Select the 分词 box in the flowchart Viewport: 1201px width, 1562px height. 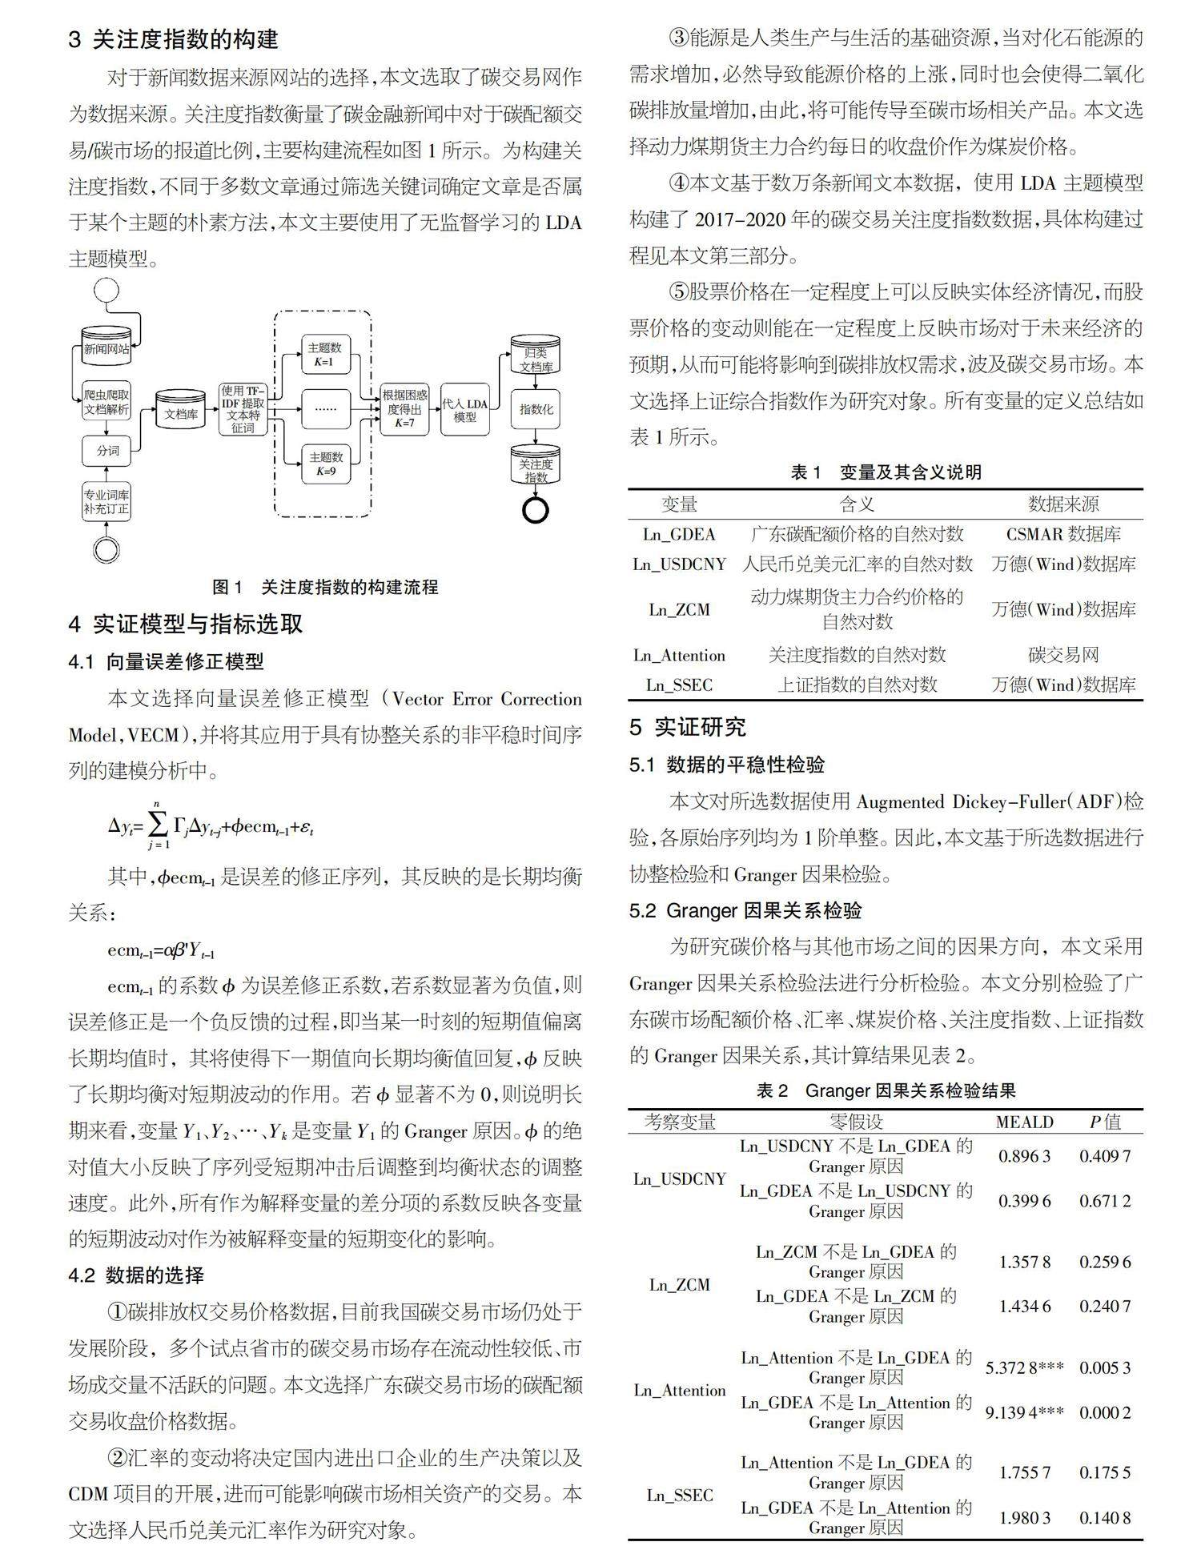pos(106,451)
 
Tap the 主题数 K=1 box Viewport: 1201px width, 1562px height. pos(325,354)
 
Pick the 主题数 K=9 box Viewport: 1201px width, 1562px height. pos(325,464)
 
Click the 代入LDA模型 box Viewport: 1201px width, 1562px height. pos(464,409)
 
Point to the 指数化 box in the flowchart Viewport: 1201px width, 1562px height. pos(536,409)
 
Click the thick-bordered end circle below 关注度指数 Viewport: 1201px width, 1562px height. pos(535,509)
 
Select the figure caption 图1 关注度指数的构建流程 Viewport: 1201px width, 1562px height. pos(325,587)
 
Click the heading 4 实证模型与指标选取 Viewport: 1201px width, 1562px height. pos(186,624)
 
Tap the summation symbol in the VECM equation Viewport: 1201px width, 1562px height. pos(158,824)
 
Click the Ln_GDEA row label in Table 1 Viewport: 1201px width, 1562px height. pos(679,534)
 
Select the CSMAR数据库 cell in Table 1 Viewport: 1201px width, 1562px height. pos(1063,534)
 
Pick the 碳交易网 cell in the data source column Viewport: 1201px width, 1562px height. pos(1063,655)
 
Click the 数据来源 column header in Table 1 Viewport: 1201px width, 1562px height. pos(1063,504)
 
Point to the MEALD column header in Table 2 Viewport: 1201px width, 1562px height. pos(1024,1122)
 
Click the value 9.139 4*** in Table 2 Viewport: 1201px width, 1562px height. pos(1024,1412)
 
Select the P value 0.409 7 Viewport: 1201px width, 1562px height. pos(1105,1156)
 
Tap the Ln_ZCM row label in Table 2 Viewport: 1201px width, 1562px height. pos(679,1284)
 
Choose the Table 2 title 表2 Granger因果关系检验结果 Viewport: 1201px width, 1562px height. pos(886,1090)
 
